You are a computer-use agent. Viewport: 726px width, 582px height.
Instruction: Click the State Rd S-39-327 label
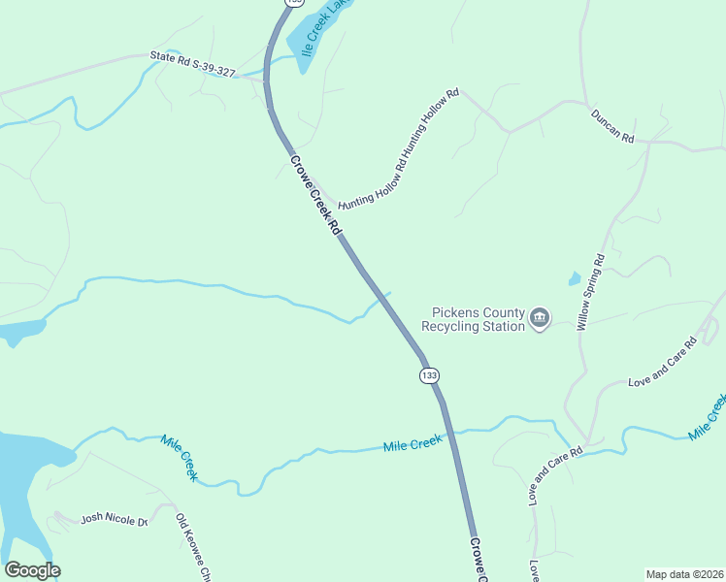(193, 64)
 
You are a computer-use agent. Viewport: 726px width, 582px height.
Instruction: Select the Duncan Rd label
(612, 126)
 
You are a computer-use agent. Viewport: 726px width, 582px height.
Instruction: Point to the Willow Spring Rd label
(591, 292)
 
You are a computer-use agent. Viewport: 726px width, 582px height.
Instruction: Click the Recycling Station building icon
(540, 317)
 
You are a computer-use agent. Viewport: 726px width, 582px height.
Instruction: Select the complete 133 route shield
(430, 374)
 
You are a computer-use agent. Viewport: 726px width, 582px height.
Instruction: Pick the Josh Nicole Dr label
(114, 519)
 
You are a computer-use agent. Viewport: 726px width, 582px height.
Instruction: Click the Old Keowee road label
(192, 548)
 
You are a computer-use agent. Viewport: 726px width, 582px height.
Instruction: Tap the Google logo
(32, 570)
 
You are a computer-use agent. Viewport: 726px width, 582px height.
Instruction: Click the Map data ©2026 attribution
(684, 574)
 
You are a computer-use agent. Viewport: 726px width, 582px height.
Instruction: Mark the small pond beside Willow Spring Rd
(575, 279)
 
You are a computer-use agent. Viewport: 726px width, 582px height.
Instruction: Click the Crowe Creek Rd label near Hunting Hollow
(314, 195)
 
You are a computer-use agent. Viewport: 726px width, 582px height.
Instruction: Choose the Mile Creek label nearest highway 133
(412, 444)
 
